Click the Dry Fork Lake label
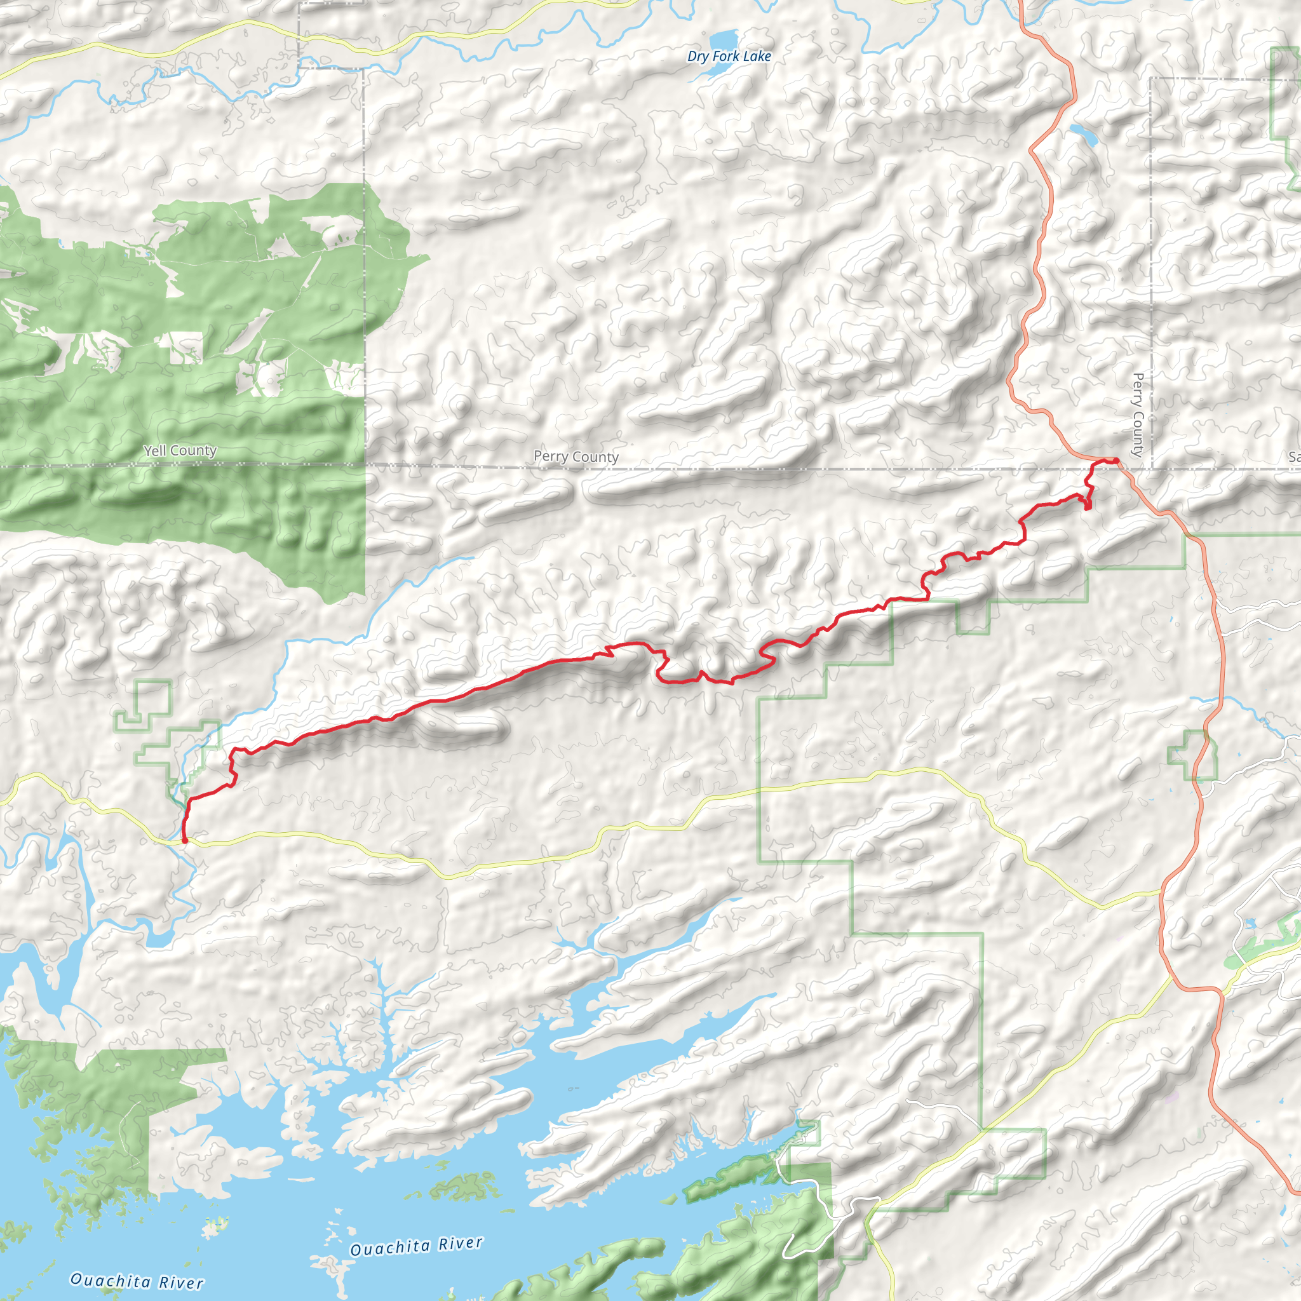click(x=729, y=57)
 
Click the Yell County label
click(x=180, y=450)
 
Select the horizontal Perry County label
click(x=576, y=457)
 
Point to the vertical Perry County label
click(x=1138, y=415)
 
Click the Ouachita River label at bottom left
click(x=137, y=1280)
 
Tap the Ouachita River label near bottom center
click(x=416, y=1246)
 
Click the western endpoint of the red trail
click(x=184, y=840)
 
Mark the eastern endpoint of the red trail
click(x=1116, y=460)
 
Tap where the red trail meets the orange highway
click(x=1116, y=460)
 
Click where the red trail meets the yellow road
click(x=184, y=840)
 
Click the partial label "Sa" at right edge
click(x=1293, y=457)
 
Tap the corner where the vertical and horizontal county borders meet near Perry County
click(x=1152, y=468)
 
